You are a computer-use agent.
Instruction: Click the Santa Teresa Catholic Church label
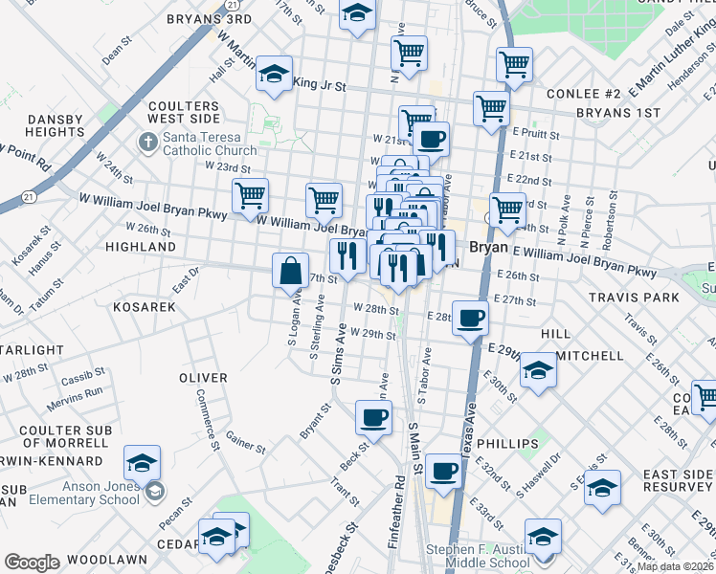tap(209, 143)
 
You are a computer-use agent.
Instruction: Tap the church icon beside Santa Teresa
tap(147, 143)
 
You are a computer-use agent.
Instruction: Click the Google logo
tap(32, 563)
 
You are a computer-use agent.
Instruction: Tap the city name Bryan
tap(487, 247)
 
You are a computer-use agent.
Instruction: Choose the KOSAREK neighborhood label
tap(144, 307)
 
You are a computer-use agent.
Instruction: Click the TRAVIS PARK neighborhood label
tap(638, 298)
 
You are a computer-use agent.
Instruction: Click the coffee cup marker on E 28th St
tap(469, 318)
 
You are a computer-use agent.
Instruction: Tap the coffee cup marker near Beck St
tap(373, 416)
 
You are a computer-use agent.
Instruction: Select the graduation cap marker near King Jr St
tap(274, 75)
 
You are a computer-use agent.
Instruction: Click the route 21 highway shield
tap(31, 197)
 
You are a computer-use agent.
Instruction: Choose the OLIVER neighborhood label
tap(203, 378)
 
